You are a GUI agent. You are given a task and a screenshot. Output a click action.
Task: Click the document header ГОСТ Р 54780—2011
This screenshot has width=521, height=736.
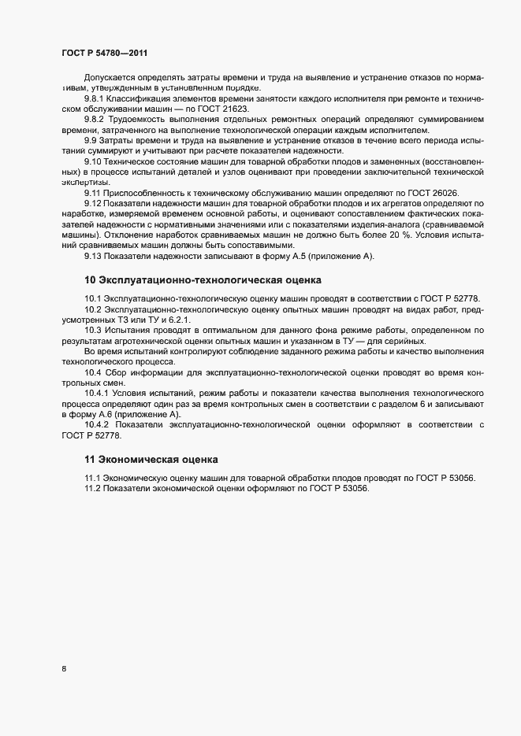(x=104, y=53)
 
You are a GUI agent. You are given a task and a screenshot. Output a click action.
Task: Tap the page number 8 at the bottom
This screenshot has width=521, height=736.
(x=64, y=669)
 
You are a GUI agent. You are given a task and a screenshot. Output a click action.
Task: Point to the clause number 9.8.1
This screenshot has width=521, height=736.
(x=95, y=98)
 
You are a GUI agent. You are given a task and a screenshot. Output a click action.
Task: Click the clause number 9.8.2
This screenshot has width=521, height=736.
(x=95, y=119)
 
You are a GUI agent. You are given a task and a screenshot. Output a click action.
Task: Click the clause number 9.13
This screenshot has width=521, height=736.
(x=92, y=257)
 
